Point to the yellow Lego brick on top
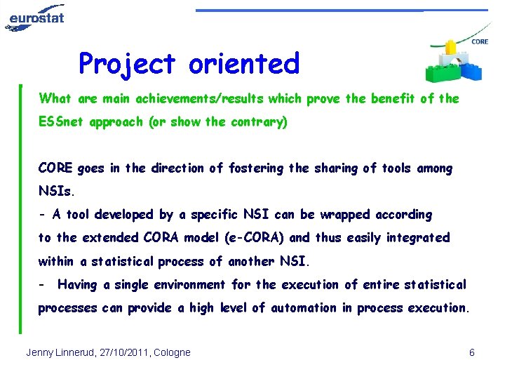coord(448,47)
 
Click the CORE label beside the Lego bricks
coord(480,42)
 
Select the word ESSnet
coord(59,122)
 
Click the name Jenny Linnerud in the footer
coord(59,352)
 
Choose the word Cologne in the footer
coord(172,352)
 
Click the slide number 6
coord(472,352)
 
